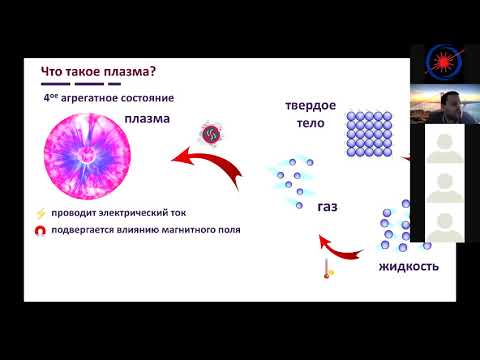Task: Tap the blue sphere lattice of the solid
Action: (x=372, y=134)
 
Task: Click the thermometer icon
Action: (x=327, y=269)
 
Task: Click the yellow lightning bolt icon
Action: (x=40, y=213)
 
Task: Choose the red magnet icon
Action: (x=40, y=231)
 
